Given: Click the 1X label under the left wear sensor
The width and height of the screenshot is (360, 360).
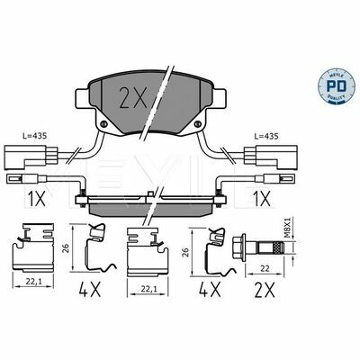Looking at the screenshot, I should coord(38,198).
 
